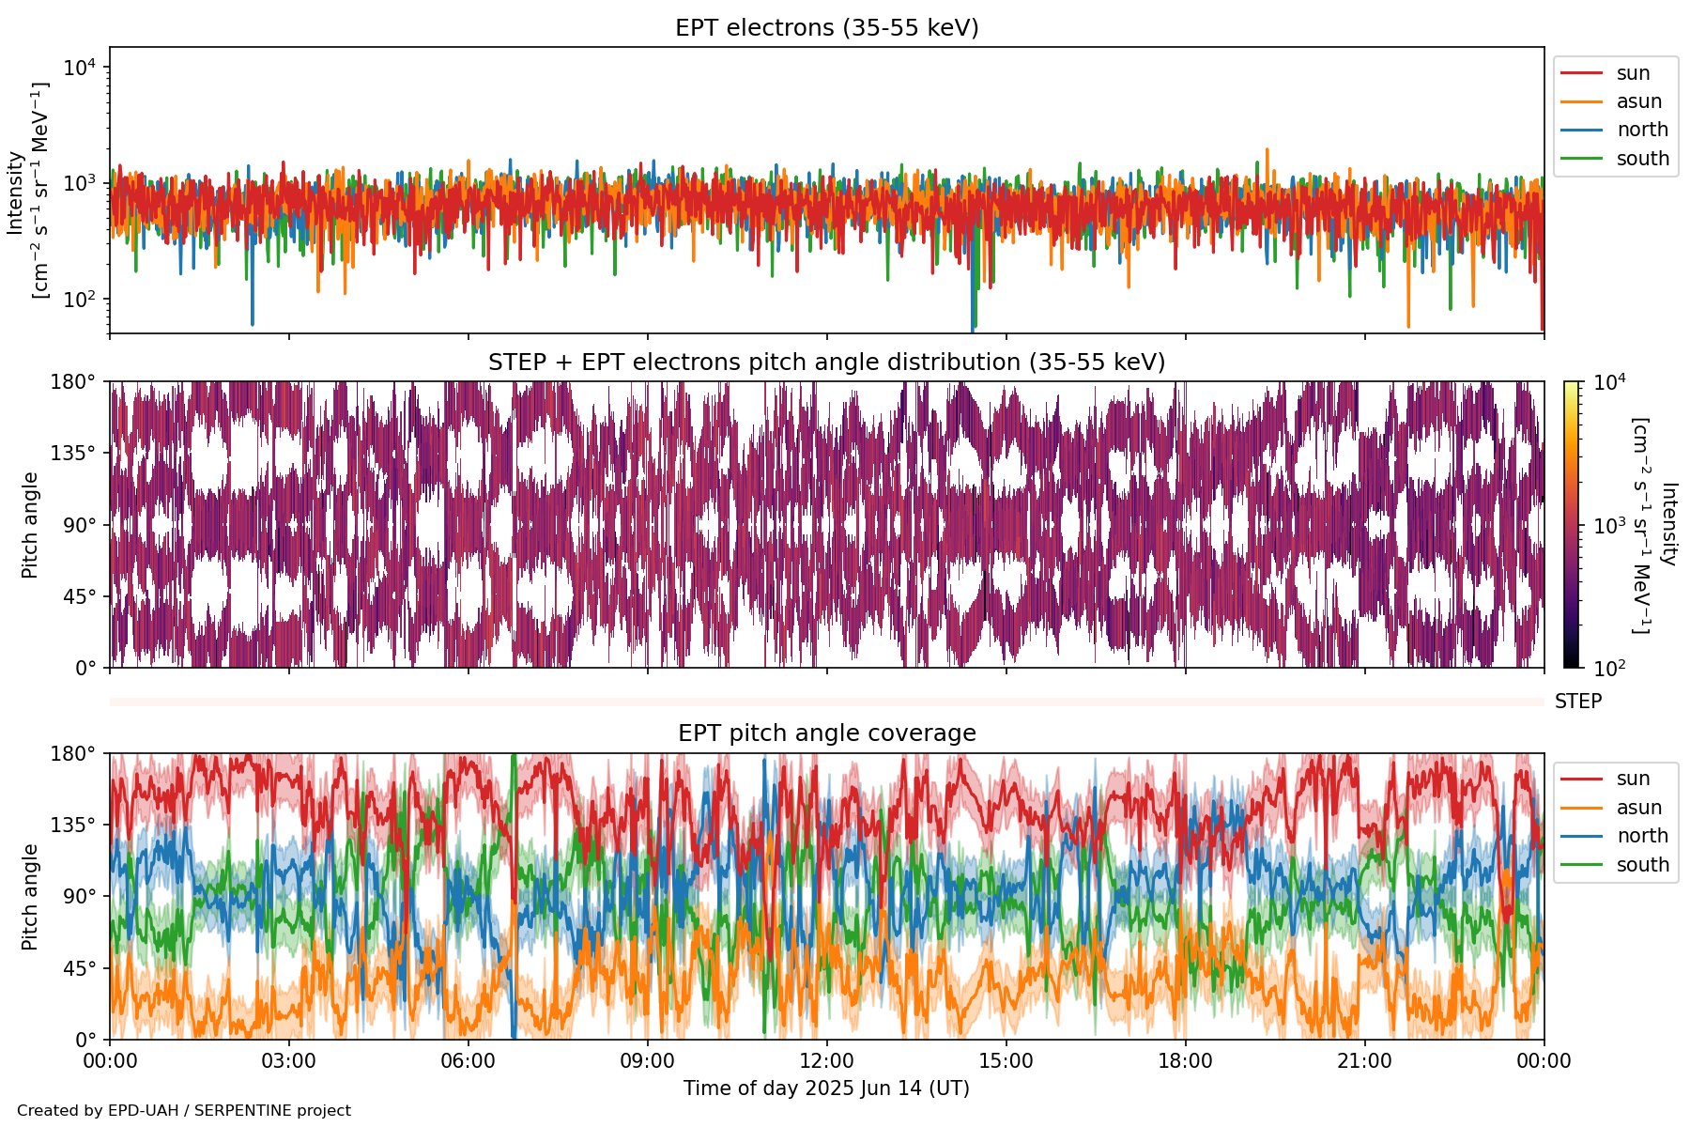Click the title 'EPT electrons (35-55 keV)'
tap(826, 28)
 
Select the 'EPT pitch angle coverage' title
tap(826, 733)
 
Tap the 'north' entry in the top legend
tap(1642, 130)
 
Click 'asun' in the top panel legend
tap(1638, 101)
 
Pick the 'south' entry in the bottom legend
tap(1642, 865)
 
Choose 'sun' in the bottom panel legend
tap(1633, 779)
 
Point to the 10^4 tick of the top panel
tap(81, 68)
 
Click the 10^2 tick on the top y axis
tap(81, 300)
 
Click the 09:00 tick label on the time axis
tap(647, 1061)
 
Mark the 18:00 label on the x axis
tap(1185, 1061)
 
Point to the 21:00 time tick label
tap(1364, 1061)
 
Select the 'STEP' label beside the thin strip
tap(1577, 702)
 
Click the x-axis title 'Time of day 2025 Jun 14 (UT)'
tap(826, 1088)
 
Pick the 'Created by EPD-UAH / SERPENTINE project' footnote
tap(184, 1111)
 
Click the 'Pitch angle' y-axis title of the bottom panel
tap(30, 897)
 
